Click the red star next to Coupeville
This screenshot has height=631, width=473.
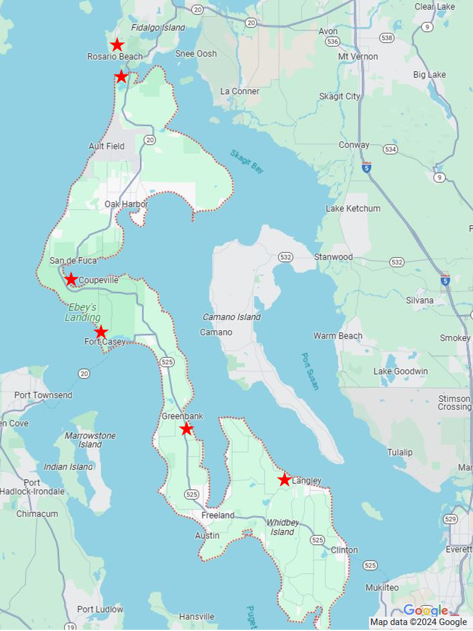click(x=71, y=279)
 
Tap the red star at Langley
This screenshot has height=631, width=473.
click(x=285, y=480)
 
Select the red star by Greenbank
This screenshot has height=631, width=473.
click(x=187, y=429)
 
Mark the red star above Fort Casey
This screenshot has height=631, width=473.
click(x=101, y=332)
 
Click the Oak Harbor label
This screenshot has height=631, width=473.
click(x=126, y=204)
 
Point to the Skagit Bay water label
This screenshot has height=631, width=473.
click(x=247, y=161)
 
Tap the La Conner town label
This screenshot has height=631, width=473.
click(x=240, y=92)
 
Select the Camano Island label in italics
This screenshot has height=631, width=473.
click(x=231, y=317)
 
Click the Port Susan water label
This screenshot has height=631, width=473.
click(x=310, y=371)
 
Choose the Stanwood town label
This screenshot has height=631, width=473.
click(x=334, y=257)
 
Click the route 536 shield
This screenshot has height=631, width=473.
click(x=333, y=42)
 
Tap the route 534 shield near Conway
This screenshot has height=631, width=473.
click(x=390, y=149)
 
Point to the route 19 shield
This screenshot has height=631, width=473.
click(x=71, y=627)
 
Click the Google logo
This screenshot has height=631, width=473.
click(x=426, y=610)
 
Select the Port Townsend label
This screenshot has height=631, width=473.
click(x=43, y=395)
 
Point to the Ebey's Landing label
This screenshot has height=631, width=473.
click(x=83, y=312)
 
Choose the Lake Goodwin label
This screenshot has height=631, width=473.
click(x=401, y=371)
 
